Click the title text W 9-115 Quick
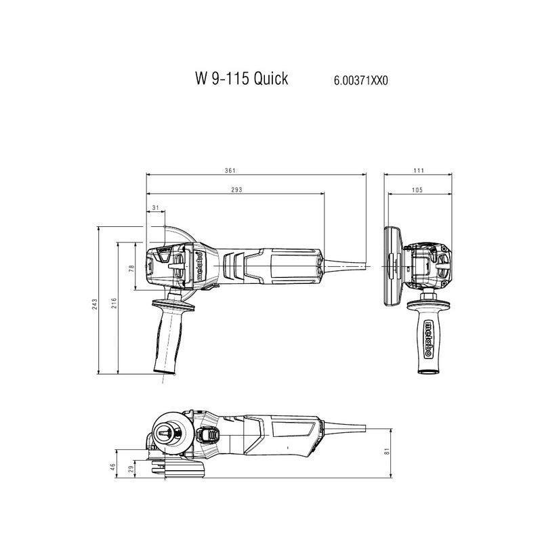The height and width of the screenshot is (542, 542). pos(241,79)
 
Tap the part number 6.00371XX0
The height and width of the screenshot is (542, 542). pos(360,81)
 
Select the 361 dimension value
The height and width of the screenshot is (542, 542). pos(230,171)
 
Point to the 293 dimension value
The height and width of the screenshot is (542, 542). pos(236,190)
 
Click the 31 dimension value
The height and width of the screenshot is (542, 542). pos(156,208)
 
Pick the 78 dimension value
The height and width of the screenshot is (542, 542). pos(131,268)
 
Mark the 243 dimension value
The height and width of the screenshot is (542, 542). pos(95,304)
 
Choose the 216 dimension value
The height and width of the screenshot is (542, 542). pos(114,303)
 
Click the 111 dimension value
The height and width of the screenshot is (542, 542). pos(418,171)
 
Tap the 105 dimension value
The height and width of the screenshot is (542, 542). pos(417,190)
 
